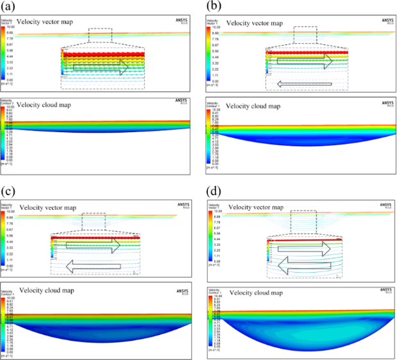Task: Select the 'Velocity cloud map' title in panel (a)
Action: point(42,104)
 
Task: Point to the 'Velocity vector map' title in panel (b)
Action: point(250,23)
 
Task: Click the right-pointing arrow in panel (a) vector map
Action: point(101,67)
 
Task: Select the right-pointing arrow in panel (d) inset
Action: point(307,247)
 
